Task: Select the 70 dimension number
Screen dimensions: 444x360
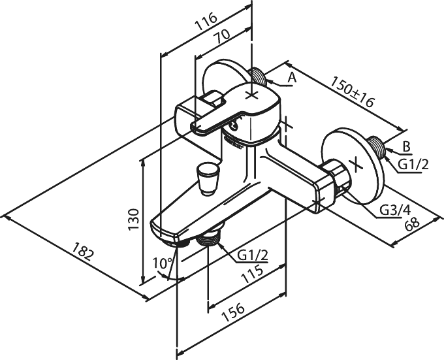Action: click(222, 37)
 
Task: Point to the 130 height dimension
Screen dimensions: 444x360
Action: click(133, 220)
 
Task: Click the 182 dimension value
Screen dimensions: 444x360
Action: click(82, 251)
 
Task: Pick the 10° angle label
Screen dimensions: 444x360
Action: click(162, 263)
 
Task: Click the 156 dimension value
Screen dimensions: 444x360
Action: click(232, 312)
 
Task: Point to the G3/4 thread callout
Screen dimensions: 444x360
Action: click(394, 210)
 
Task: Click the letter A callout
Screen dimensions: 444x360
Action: click(292, 77)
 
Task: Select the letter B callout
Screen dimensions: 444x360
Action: click(407, 147)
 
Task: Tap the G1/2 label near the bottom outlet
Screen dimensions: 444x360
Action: click(252, 255)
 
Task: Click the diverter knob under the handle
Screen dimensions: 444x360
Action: click(208, 179)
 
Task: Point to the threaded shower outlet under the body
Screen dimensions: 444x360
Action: click(210, 237)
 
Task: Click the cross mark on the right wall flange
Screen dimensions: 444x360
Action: click(356, 165)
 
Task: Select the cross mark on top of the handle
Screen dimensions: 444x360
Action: click(252, 95)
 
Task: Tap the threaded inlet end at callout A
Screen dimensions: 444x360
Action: click(257, 76)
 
